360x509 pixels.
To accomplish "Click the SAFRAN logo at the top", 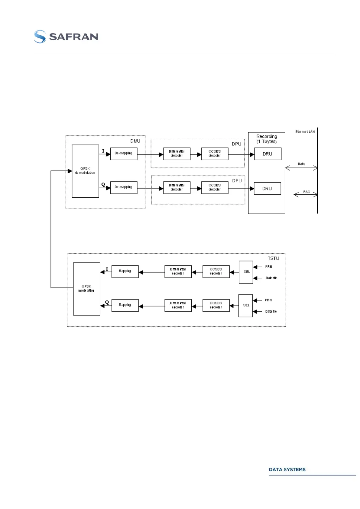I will click(66, 37).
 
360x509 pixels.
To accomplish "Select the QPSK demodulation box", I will click(85, 171).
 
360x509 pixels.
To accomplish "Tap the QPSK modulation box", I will click(86, 289).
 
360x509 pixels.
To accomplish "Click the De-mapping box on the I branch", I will click(124, 154).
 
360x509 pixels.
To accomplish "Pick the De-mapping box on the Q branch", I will click(124, 187).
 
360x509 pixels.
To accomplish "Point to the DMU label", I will click(135, 141).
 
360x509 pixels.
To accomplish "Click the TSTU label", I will click(273, 258).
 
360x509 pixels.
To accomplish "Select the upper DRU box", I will click(268, 154).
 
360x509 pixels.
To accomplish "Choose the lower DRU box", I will click(267, 189).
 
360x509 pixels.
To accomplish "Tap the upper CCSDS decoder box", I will click(215, 154).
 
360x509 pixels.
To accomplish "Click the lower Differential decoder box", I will click(177, 187).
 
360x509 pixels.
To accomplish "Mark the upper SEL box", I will click(246, 272).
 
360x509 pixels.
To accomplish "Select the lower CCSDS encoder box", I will click(216, 305).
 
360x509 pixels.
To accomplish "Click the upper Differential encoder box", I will click(178, 271).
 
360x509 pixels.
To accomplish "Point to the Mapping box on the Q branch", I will click(125, 305).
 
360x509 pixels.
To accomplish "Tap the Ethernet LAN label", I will click(305, 132).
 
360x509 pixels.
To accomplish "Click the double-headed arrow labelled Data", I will click(301, 168).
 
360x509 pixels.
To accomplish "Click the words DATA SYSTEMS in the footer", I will click(287, 469).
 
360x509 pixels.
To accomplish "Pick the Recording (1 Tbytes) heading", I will click(266, 139).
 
